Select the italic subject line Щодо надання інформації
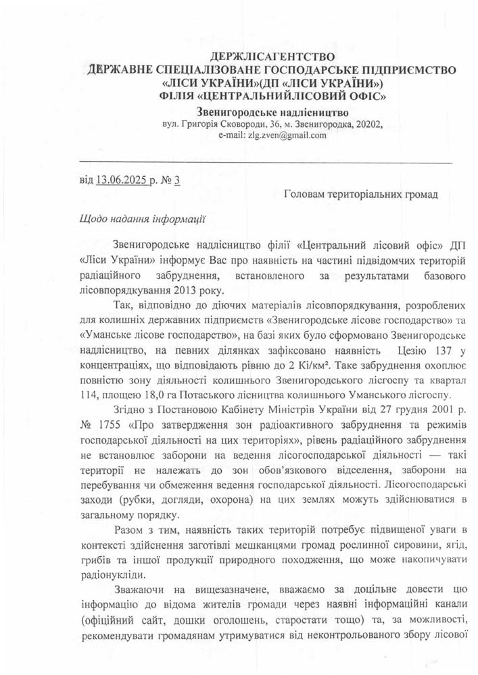tap(143, 219)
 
